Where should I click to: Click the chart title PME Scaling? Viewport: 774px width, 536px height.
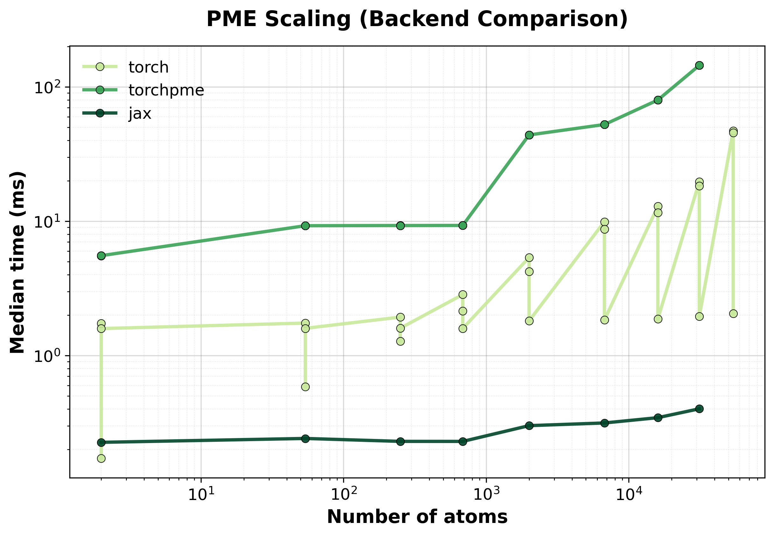(x=417, y=19)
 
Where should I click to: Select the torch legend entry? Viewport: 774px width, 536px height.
(x=126, y=67)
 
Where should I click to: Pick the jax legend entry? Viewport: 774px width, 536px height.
(x=117, y=113)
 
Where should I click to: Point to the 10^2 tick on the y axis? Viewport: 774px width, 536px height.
(x=50, y=87)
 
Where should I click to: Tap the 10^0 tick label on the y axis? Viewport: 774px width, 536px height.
(x=50, y=356)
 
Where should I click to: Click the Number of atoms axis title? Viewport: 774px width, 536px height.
(x=417, y=517)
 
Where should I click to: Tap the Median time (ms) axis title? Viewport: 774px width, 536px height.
(x=17, y=262)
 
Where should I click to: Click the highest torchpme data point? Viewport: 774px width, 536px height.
(x=699, y=66)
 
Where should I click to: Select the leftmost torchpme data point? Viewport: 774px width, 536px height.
(x=101, y=256)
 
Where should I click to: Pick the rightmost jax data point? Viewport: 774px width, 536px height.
(x=699, y=409)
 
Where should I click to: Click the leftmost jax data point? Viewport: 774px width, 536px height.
(x=101, y=443)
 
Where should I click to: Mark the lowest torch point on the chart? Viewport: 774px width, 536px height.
(x=101, y=458)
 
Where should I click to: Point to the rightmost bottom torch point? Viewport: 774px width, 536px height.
(x=733, y=314)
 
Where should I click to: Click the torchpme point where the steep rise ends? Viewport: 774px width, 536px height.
(x=529, y=135)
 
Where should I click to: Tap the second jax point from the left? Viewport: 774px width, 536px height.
(x=305, y=439)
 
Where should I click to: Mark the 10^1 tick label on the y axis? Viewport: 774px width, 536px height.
(x=50, y=221)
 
